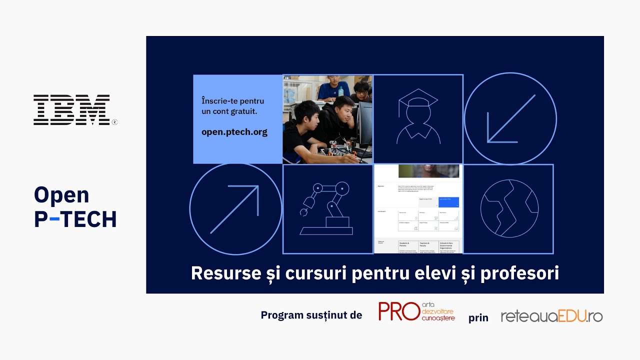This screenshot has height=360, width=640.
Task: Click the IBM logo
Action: point(71,109)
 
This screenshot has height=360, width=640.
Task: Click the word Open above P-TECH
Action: point(61,195)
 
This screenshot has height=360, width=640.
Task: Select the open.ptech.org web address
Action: point(234,132)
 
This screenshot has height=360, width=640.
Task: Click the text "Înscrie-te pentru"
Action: point(232,101)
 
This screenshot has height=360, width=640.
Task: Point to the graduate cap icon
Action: point(417,119)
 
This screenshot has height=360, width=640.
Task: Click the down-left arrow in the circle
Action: point(510,119)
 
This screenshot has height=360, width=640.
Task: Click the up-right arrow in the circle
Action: point(235,209)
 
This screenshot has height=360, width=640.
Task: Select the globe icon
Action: point(509,208)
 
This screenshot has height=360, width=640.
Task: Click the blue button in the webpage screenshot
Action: point(448,202)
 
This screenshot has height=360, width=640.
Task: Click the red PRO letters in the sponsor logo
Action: point(398,311)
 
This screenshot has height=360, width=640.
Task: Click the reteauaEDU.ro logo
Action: point(551,316)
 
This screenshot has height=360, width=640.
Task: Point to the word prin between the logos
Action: point(478,318)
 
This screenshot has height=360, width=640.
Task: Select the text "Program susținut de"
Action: point(311,315)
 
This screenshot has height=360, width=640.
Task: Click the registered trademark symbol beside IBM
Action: point(114,121)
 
